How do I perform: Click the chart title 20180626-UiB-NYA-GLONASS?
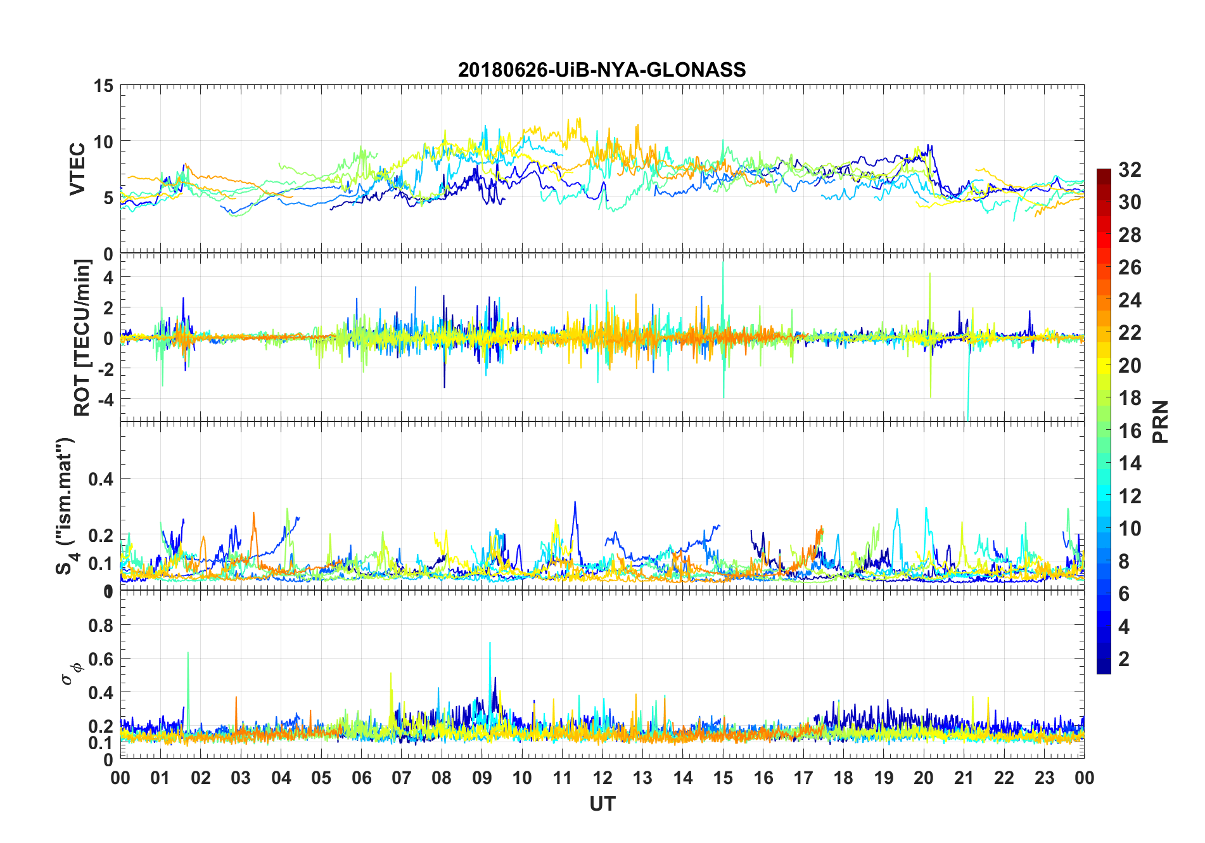click(602, 70)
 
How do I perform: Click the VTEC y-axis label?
click(77, 169)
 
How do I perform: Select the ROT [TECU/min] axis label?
click(82, 337)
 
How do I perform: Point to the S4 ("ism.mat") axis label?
click(65, 506)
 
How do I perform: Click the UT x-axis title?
click(602, 804)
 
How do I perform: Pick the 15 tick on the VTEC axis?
click(103, 86)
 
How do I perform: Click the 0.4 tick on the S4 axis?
click(101, 479)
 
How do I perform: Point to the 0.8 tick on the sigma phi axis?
click(101, 626)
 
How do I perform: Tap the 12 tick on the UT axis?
click(602, 778)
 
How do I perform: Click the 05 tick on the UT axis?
click(321, 778)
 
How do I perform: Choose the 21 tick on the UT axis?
click(964, 778)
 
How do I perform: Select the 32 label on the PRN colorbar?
click(1130, 170)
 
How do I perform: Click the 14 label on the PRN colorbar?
click(1130, 463)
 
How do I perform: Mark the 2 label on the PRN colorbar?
click(1124, 659)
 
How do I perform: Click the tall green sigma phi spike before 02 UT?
click(188, 654)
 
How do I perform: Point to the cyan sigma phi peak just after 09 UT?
click(490, 645)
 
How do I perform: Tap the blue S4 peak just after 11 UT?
click(575, 503)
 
